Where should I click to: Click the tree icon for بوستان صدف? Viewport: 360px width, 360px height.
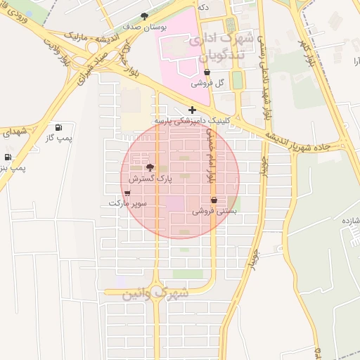[145, 15]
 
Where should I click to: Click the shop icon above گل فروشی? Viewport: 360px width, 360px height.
[207, 72]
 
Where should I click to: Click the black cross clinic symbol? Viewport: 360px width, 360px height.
[192, 110]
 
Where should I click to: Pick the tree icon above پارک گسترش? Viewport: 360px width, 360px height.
[149, 167]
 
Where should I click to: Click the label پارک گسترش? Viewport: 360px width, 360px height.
[149, 179]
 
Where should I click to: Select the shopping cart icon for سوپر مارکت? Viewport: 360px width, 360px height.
[127, 193]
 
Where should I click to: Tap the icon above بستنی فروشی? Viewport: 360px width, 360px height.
[214, 200]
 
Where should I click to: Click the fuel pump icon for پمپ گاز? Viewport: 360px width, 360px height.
[57, 128]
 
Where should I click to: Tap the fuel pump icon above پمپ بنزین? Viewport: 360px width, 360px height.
[8, 157]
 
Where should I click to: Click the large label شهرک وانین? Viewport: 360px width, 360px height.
[155, 293]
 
